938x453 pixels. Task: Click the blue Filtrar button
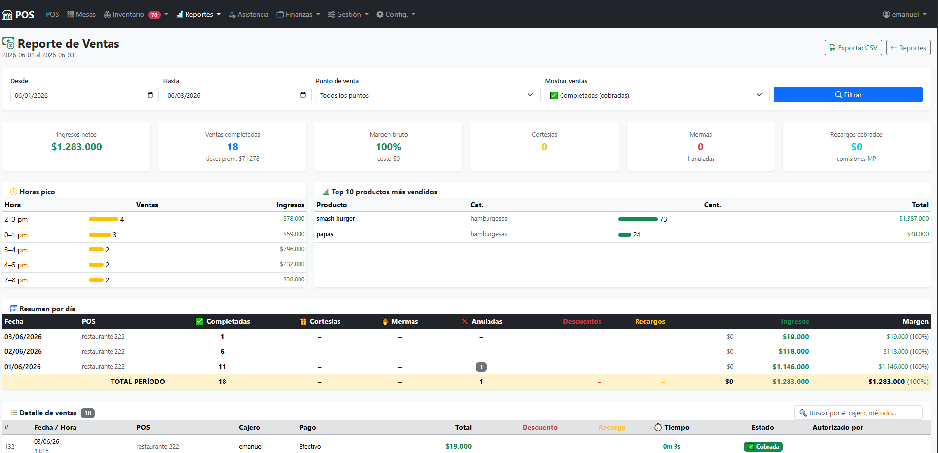point(848,95)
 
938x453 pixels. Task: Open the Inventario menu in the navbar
point(128,14)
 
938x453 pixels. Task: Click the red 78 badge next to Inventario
point(154,15)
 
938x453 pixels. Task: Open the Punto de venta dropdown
point(428,95)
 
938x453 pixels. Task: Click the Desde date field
point(84,95)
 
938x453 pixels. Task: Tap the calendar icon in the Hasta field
point(303,95)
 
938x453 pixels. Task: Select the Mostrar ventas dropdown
point(657,95)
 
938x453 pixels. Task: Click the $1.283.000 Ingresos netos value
point(76,147)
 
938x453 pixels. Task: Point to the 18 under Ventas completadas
point(232,147)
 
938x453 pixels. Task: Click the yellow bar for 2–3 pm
point(104,219)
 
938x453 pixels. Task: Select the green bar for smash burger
point(638,219)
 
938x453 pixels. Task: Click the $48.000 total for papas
point(918,234)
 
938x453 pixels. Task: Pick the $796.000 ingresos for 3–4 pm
point(292,249)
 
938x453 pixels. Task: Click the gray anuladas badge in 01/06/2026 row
point(481,367)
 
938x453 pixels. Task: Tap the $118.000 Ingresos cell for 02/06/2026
point(793,351)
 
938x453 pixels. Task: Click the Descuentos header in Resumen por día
point(582,321)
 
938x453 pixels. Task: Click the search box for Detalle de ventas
point(859,413)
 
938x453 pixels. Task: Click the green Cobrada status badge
point(763,447)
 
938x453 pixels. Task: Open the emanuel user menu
point(904,14)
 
